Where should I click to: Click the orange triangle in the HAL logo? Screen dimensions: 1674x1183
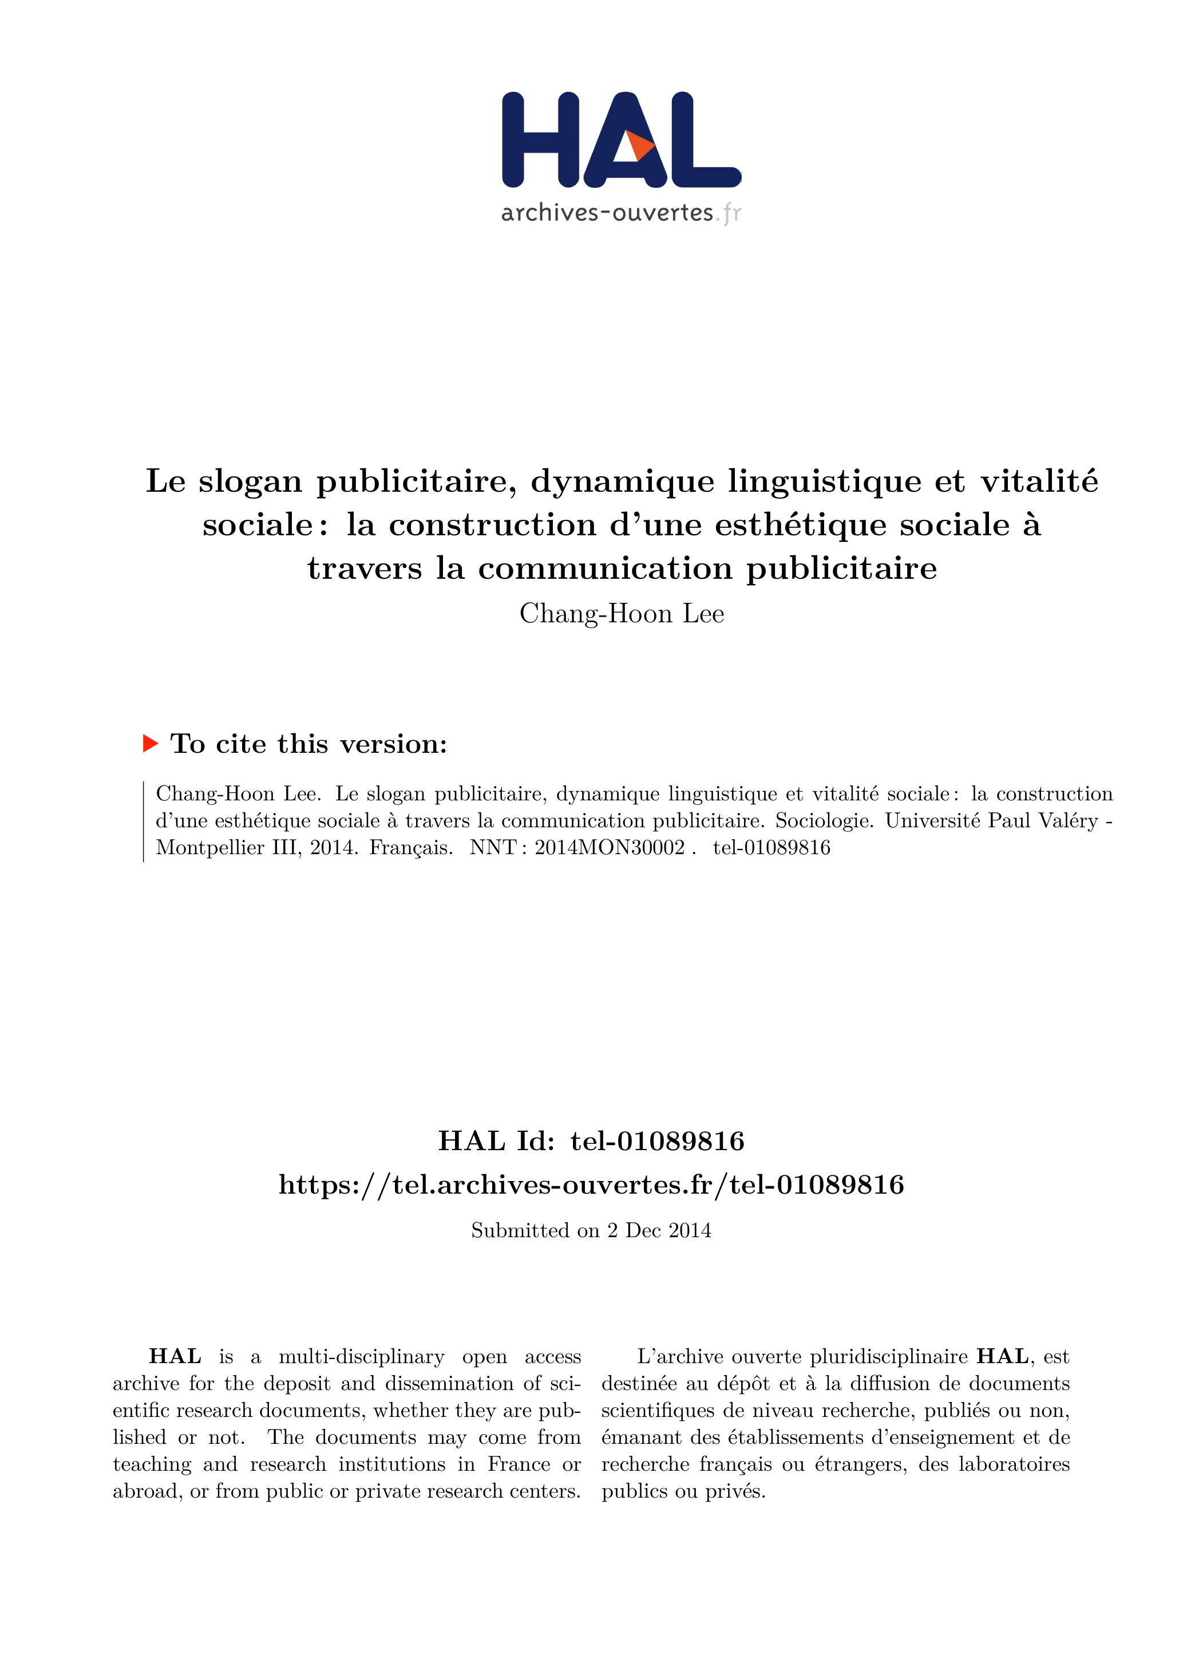(x=639, y=147)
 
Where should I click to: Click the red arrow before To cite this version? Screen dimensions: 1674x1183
(x=150, y=744)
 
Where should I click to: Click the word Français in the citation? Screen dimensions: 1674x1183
(x=410, y=847)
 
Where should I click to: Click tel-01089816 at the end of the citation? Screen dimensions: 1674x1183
(x=771, y=847)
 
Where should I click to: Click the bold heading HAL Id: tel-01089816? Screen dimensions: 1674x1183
(x=591, y=1141)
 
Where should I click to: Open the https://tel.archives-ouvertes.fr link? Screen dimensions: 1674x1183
(x=591, y=1185)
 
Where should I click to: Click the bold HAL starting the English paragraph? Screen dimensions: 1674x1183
(x=175, y=1356)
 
